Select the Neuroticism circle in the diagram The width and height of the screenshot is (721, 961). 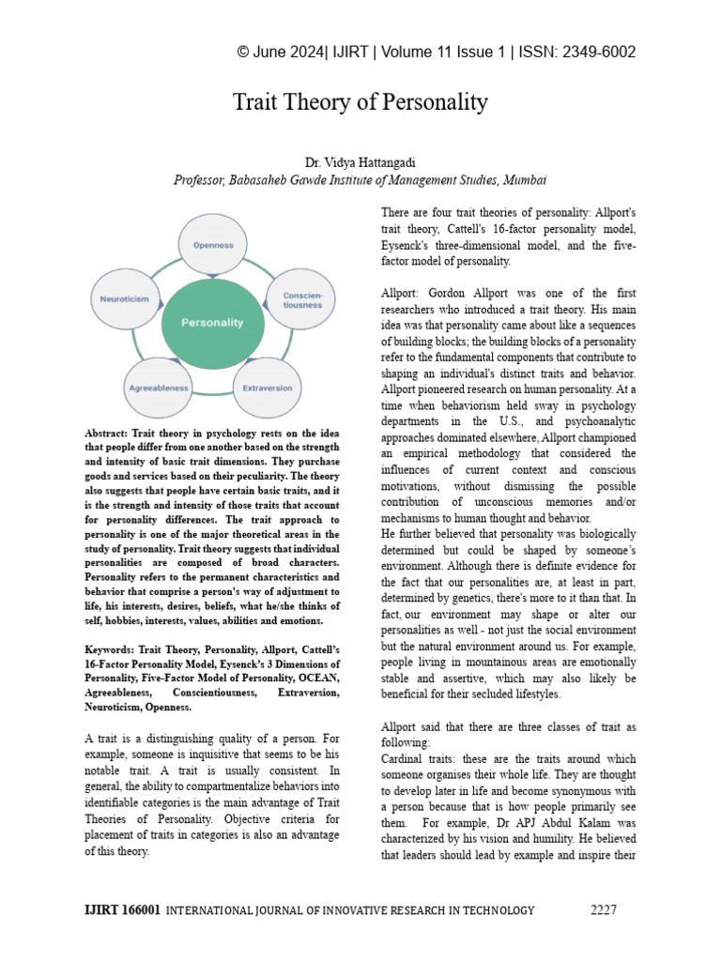[x=124, y=298]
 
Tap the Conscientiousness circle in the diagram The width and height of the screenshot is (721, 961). [x=302, y=299]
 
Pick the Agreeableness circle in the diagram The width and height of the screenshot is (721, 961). [x=158, y=387]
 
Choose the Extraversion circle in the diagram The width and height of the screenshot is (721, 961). [x=267, y=387]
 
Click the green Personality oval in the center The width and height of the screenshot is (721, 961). [x=211, y=322]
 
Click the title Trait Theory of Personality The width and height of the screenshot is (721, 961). [x=360, y=102]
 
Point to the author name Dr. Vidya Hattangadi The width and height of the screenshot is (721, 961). [x=360, y=163]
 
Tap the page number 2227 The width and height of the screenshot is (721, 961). [x=606, y=909]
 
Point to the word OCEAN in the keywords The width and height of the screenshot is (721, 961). [x=315, y=678]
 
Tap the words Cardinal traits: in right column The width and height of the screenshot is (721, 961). [x=421, y=757]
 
